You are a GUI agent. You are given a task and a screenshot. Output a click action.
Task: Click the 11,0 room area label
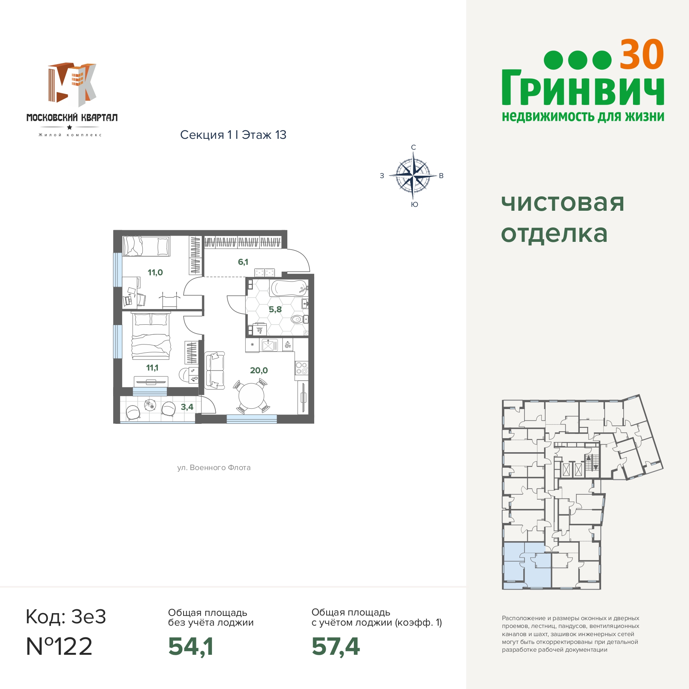click(x=155, y=272)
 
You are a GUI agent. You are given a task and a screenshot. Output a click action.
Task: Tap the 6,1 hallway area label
click(x=243, y=262)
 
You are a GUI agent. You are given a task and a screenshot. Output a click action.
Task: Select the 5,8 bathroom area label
click(x=275, y=309)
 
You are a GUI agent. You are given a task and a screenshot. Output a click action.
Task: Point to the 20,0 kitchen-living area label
click(x=259, y=370)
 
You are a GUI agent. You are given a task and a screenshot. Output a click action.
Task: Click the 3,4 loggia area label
click(x=187, y=407)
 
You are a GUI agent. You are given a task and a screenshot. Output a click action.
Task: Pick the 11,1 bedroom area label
click(x=152, y=367)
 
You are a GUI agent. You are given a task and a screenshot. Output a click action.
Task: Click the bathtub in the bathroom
click(x=289, y=288)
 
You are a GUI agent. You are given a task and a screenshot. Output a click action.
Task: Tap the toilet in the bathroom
click(x=299, y=320)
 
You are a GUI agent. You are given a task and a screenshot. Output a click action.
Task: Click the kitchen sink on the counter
click(x=269, y=345)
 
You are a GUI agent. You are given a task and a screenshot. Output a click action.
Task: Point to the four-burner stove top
click(x=302, y=368)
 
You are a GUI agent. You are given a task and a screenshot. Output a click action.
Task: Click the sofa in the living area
click(x=215, y=370)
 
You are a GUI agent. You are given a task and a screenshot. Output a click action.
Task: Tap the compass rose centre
click(x=413, y=176)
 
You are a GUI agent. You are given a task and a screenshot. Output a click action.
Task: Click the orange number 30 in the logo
click(x=642, y=55)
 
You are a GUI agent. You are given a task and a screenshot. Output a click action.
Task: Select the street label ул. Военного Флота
click(x=214, y=468)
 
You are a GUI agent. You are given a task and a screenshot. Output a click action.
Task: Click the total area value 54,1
click(x=191, y=647)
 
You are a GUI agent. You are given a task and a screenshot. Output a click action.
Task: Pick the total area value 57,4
click(x=336, y=647)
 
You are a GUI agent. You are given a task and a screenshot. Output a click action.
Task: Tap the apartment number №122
click(x=59, y=646)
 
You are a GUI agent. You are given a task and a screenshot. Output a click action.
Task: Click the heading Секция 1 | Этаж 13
click(x=233, y=135)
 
